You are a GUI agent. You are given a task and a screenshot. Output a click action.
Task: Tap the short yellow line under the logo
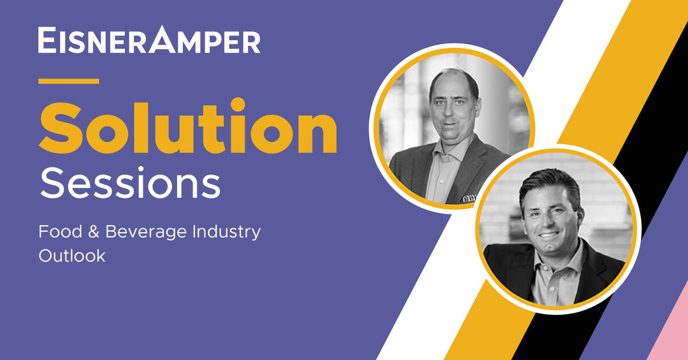[68, 81]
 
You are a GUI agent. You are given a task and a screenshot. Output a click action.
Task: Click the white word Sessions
[130, 183]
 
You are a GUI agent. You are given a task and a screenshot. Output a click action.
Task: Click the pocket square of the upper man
[468, 198]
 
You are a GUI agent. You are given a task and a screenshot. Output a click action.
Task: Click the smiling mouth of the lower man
[548, 235]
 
